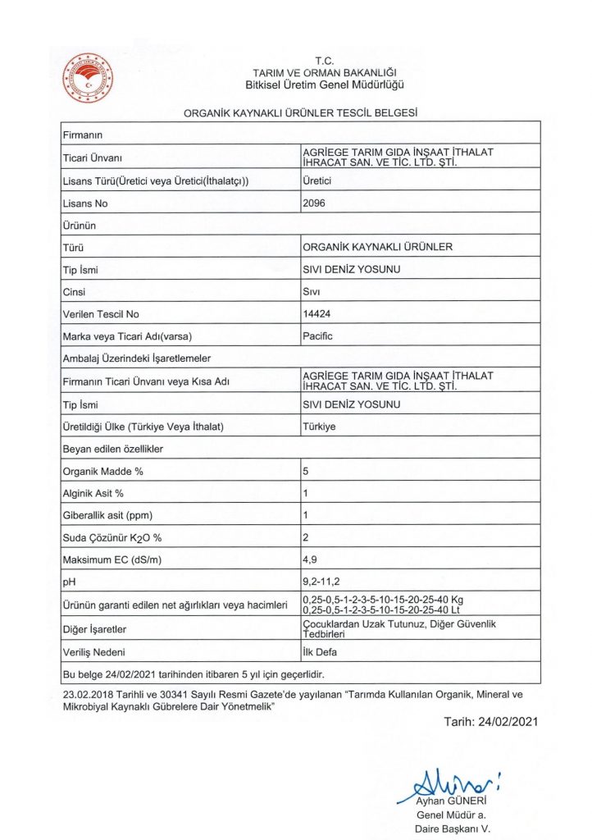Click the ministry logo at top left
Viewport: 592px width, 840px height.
[89, 76]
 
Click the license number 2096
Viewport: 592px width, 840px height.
[314, 203]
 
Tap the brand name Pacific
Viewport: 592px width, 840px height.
[317, 336]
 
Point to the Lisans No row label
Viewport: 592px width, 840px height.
[85, 203]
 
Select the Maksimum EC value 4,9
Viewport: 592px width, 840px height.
[310, 560]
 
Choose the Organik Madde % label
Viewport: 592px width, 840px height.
[103, 471]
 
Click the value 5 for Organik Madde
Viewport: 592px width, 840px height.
[306, 471]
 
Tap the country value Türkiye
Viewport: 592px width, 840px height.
[319, 427]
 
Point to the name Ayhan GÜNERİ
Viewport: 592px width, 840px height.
[452, 800]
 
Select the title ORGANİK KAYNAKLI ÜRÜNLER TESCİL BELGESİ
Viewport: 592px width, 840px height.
[302, 113]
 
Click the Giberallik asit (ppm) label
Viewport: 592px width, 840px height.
[108, 515]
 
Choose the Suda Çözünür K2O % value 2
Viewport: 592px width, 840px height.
[306, 538]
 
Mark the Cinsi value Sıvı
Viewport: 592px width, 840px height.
[311, 292]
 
